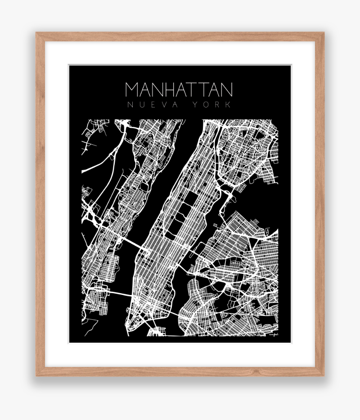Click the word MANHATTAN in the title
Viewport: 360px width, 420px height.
click(x=179, y=89)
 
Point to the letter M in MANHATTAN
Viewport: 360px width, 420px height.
click(x=133, y=89)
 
